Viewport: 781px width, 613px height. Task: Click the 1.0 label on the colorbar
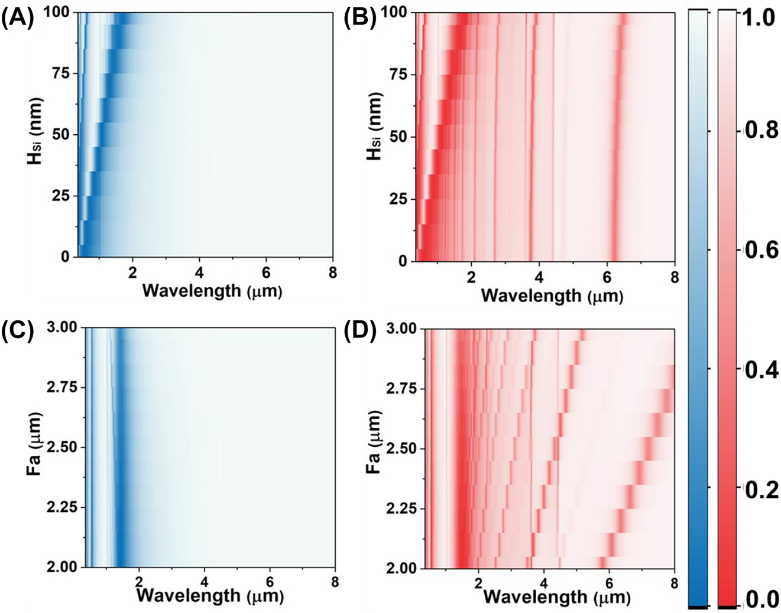[x=759, y=17]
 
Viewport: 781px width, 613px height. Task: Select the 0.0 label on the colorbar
[x=759, y=600]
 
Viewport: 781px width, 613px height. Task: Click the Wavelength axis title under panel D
[x=556, y=597]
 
